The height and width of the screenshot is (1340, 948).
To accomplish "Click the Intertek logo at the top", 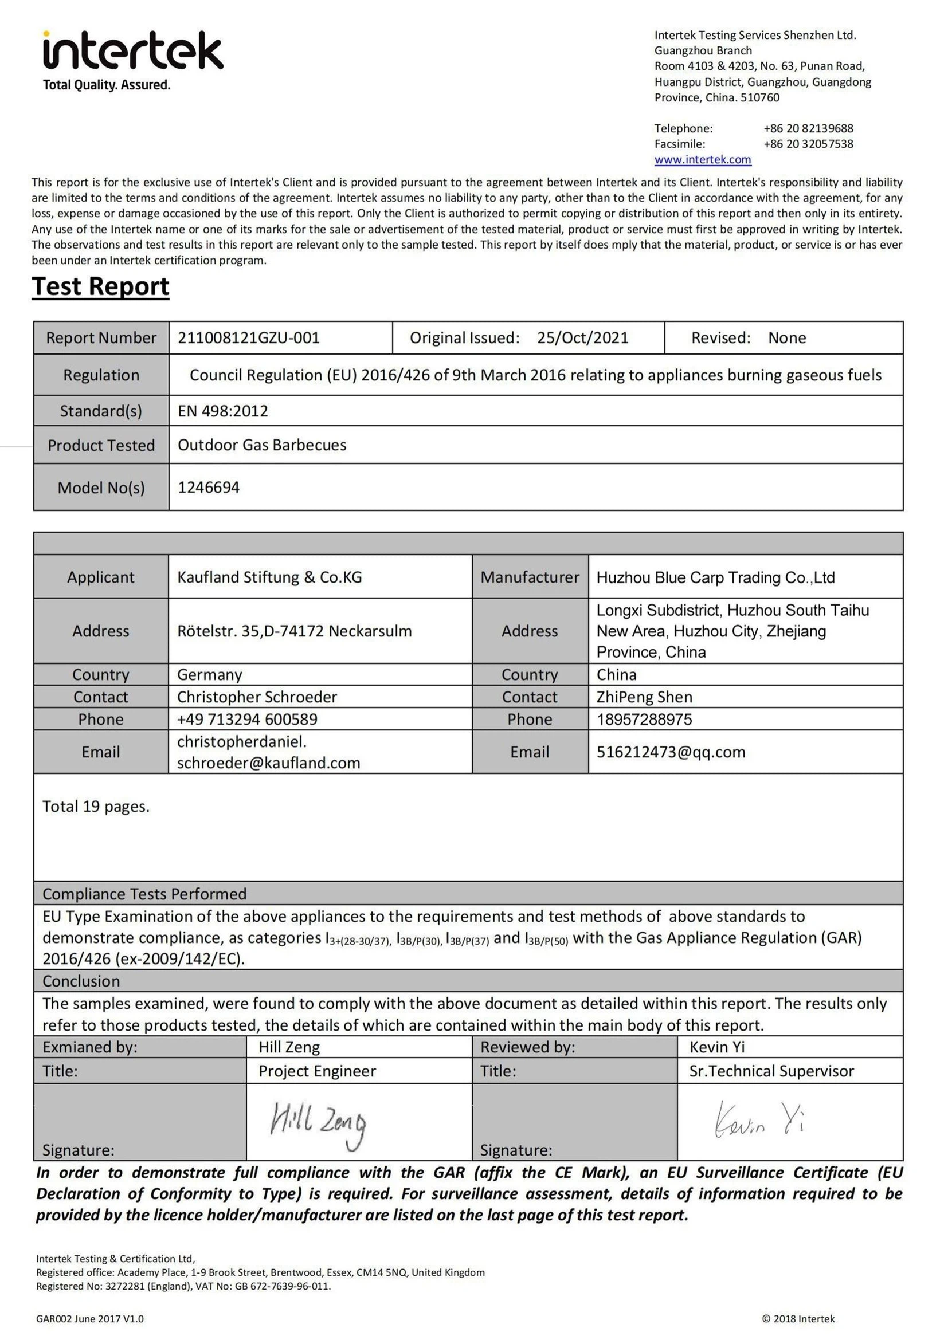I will click(x=132, y=52).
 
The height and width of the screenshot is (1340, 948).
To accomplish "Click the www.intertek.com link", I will click(x=702, y=159).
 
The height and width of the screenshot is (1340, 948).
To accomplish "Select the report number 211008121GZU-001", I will click(x=249, y=338).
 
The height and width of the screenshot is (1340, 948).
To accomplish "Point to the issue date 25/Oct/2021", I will click(x=582, y=338).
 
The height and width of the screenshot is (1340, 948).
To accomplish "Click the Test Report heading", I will click(x=100, y=286).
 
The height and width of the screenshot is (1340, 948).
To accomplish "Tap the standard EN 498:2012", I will click(x=222, y=411).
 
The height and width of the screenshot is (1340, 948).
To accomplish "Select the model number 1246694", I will click(x=209, y=488).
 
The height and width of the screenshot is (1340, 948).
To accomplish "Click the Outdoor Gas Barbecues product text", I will click(x=261, y=445).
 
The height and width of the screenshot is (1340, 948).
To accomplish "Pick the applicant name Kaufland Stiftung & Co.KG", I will click(x=269, y=577).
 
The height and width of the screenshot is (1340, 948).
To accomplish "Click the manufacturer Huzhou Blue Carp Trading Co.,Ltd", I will click(x=715, y=578).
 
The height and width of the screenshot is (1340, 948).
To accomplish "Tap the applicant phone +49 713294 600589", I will click(x=247, y=719).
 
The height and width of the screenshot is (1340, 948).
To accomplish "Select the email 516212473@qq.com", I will click(x=671, y=752).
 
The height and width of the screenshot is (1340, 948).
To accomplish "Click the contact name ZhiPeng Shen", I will click(x=644, y=697).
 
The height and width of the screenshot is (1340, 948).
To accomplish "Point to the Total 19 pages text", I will click(x=96, y=807).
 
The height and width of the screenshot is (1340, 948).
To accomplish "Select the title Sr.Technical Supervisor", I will click(x=771, y=1071).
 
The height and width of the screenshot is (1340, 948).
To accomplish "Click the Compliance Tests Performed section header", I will click(x=144, y=894).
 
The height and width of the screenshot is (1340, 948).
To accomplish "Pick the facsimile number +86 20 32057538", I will click(x=808, y=144).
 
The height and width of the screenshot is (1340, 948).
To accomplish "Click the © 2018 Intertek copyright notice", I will click(x=798, y=1318).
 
